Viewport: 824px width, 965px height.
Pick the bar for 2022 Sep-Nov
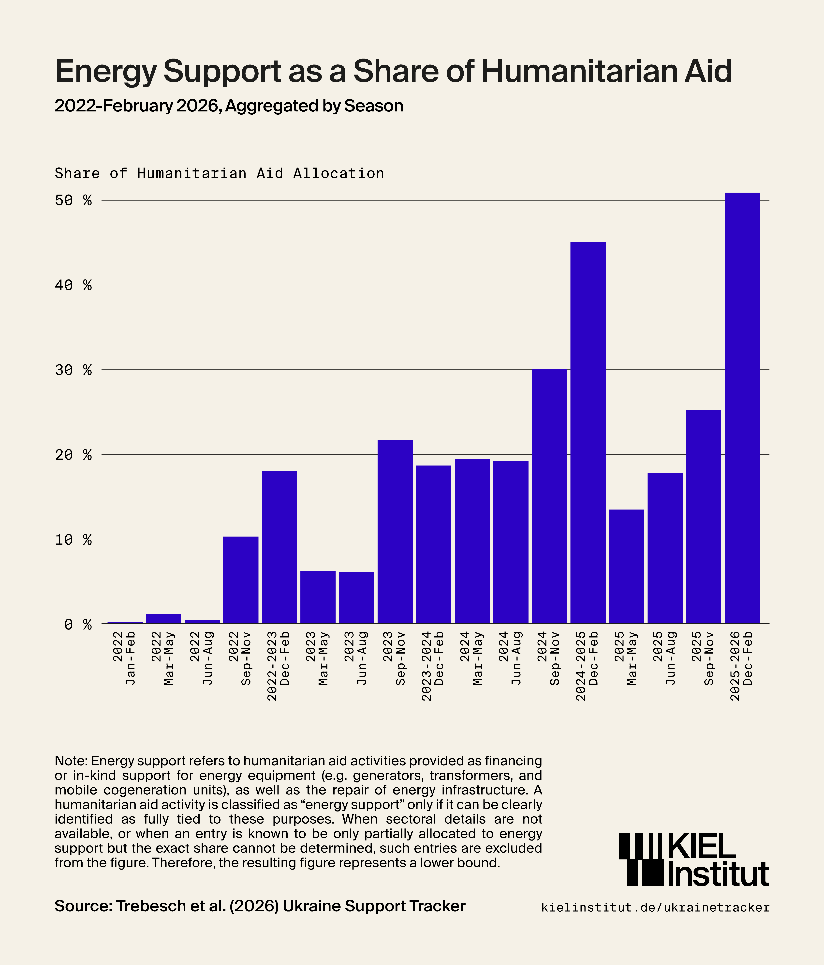[x=241, y=580]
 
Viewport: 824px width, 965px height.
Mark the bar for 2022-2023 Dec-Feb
[x=279, y=547]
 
